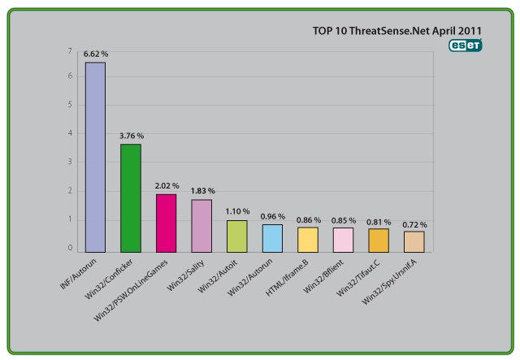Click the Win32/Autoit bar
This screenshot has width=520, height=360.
(236, 236)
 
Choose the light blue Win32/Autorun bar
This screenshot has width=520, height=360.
(272, 237)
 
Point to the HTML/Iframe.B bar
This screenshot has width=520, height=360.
(307, 239)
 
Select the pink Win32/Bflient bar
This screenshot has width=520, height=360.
(343, 239)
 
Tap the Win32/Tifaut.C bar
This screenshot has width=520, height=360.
(379, 240)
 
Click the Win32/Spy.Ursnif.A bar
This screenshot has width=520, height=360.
(414, 241)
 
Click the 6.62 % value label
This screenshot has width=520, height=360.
(95, 54)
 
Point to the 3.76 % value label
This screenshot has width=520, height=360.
(131, 136)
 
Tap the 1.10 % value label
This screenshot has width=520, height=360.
(237, 211)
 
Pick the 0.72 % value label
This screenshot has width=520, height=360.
(414, 223)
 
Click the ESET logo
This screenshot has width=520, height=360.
(466, 46)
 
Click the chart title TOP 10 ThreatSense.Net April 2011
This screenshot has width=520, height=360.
(397, 31)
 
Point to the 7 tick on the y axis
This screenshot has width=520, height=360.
(71, 51)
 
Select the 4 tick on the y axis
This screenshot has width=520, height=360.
(71, 133)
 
